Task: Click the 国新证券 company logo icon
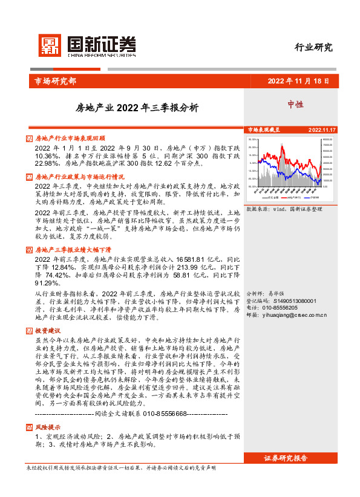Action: tap(50, 44)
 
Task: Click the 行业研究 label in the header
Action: tap(313, 48)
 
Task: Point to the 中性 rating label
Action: tap(296, 104)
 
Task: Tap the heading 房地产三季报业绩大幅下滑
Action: tap(74, 250)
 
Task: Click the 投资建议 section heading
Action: tap(48, 331)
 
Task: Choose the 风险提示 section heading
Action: tap(48, 427)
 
